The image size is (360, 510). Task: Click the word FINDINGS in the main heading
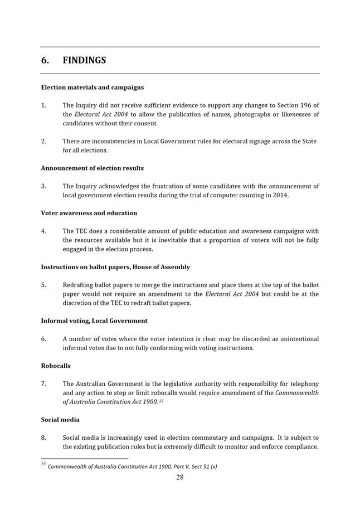pyautogui.click(x=84, y=60)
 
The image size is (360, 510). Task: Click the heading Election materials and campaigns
pyautogui.click(x=92, y=88)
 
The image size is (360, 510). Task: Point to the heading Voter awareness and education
pyautogui.click(x=89, y=213)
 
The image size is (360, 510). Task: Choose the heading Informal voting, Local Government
pyautogui.click(x=94, y=320)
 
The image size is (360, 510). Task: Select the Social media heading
pyautogui.click(x=60, y=419)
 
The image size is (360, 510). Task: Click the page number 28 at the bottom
pyautogui.click(x=180, y=477)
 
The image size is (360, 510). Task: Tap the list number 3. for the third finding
pyautogui.click(x=43, y=186)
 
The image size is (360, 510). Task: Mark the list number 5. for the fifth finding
pyautogui.click(x=43, y=285)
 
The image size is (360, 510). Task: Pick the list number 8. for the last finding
pyautogui.click(x=43, y=438)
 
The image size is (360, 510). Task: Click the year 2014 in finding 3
pyautogui.click(x=280, y=195)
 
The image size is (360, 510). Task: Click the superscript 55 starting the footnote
pyautogui.click(x=43, y=464)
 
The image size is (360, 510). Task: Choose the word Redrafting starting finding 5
pyautogui.click(x=79, y=285)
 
